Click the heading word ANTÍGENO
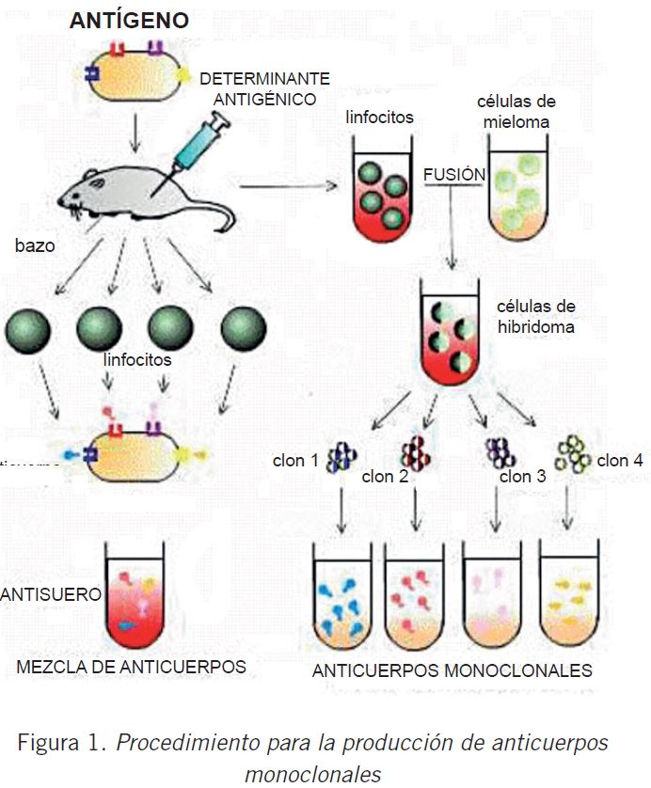pyautogui.click(x=129, y=21)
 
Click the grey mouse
pyautogui.click(x=141, y=193)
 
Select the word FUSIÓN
pyautogui.click(x=455, y=176)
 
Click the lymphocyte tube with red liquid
pyautogui.click(x=382, y=188)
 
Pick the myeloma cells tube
pyautogui.click(x=516, y=188)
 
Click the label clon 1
pyautogui.click(x=295, y=462)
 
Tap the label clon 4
pyautogui.click(x=620, y=461)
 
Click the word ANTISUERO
pyautogui.click(x=51, y=595)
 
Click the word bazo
pyautogui.click(x=35, y=246)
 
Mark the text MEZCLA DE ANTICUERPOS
pyautogui.click(x=131, y=667)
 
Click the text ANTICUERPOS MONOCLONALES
pyautogui.click(x=452, y=670)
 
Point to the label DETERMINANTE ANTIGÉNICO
pyautogui.click(x=264, y=88)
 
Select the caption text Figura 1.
pyautogui.click(x=61, y=743)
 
